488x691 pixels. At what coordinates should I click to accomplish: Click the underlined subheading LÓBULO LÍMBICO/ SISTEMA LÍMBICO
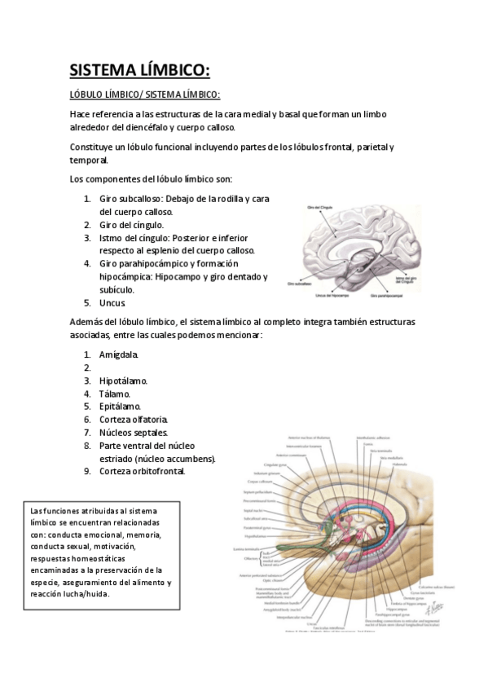click(x=145, y=94)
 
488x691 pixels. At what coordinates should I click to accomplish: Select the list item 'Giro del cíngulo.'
click(x=131, y=224)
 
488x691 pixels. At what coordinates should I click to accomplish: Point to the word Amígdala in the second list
click(x=119, y=354)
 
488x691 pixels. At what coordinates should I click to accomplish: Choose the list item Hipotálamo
click(x=123, y=381)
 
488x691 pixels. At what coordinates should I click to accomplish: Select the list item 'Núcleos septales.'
click(x=134, y=432)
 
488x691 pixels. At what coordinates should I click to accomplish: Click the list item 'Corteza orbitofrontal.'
click(x=143, y=470)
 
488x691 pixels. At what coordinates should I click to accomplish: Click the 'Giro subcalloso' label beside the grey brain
click(x=300, y=284)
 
